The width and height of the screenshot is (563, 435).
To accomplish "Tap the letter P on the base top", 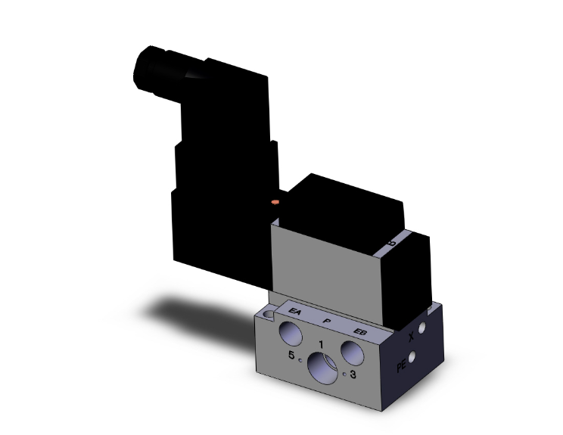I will (326, 321).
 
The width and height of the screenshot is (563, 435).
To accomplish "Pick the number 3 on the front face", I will (355, 374).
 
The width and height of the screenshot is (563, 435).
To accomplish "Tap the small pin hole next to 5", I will (300, 360).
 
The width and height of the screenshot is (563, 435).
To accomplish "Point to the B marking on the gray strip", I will (391, 244).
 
